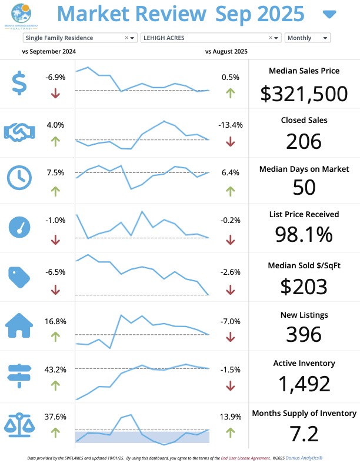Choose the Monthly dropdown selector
[307, 38]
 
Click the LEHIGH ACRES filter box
[206, 38]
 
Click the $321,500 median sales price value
[304, 93]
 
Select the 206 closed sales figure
[304, 141]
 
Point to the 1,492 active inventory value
[304, 384]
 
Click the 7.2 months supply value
[304, 434]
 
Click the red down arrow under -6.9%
[55, 93]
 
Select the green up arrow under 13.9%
[230, 432]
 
